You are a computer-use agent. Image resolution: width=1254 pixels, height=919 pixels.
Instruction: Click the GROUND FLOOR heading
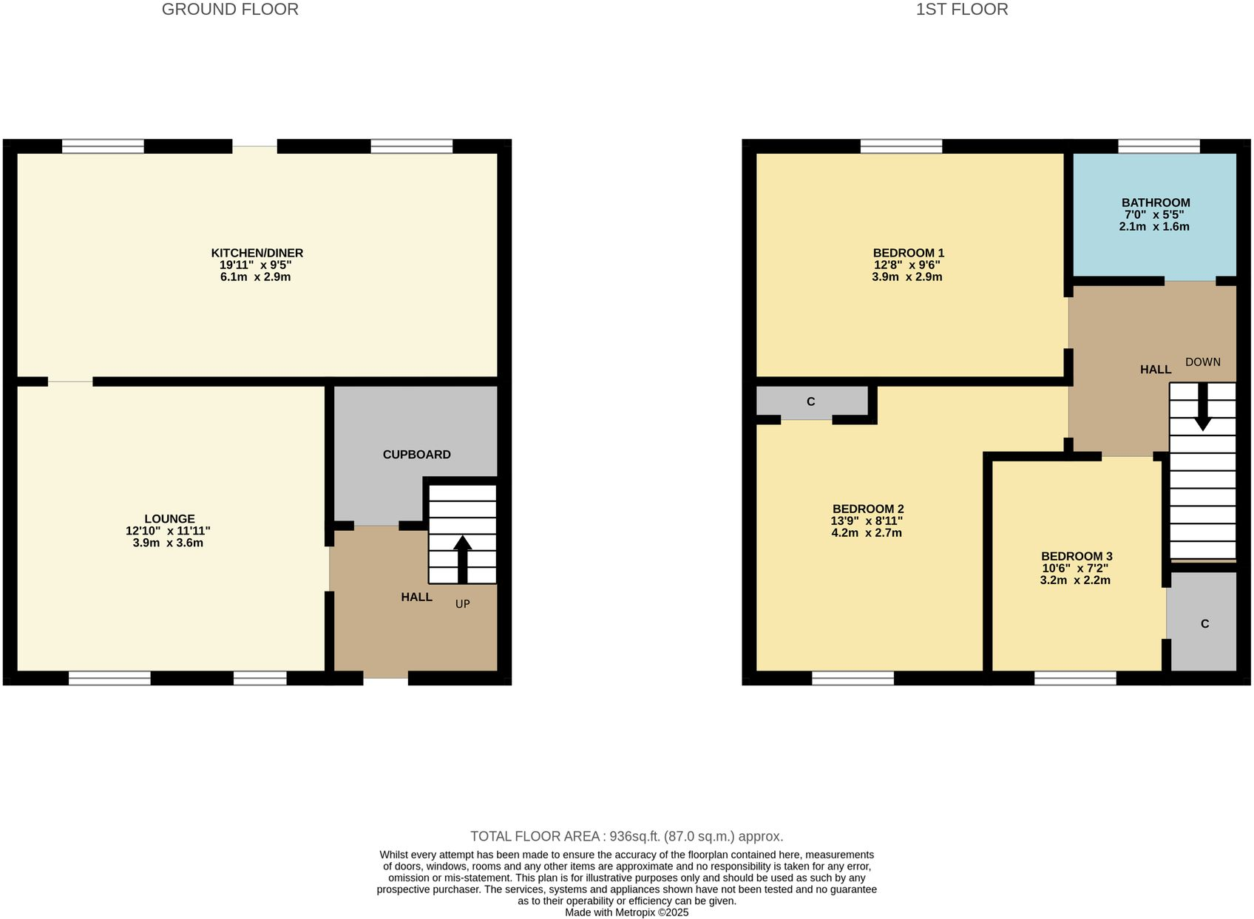(230, 10)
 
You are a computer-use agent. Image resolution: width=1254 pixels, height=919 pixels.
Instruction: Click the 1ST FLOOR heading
(961, 10)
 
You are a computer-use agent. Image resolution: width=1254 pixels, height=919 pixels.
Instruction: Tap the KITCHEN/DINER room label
(257, 253)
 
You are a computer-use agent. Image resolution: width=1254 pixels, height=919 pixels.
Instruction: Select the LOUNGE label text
(169, 519)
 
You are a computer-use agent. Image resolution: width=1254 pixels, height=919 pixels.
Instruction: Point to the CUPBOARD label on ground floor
(416, 455)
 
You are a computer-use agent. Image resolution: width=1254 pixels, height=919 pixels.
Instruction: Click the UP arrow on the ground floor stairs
(463, 558)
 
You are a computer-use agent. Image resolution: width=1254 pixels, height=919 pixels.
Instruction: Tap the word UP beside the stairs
(462, 604)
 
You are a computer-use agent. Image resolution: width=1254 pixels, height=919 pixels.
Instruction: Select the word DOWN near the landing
(1202, 362)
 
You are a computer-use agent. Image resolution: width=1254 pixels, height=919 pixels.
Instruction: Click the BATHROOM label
(1155, 203)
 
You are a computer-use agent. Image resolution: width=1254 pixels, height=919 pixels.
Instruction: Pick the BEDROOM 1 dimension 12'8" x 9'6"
(906, 265)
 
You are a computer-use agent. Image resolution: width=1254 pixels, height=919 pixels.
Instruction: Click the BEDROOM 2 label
(867, 509)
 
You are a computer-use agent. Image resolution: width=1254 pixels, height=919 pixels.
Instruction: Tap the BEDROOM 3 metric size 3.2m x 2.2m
(1074, 580)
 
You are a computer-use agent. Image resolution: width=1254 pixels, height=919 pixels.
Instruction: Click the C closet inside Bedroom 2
(811, 401)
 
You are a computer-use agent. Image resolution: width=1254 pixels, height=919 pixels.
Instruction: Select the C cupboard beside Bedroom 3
(1204, 624)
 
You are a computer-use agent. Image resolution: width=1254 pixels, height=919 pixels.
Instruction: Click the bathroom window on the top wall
(1159, 146)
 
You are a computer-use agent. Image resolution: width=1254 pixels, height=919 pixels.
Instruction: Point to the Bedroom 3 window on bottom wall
(1074, 678)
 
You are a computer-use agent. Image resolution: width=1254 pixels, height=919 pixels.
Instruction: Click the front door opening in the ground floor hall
(385, 678)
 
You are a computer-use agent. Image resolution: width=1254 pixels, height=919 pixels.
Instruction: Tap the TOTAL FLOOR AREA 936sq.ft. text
(626, 836)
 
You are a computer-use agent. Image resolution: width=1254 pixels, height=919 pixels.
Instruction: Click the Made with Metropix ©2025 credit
(626, 912)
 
